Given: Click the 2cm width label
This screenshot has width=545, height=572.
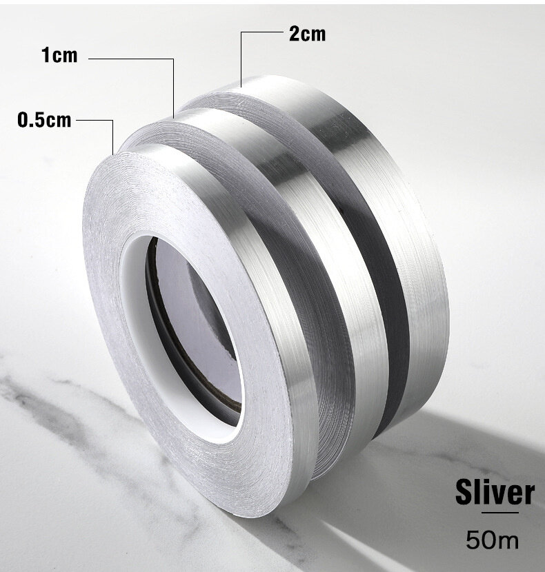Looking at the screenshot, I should (307, 33).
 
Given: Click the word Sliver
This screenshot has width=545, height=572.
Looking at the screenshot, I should (494, 493).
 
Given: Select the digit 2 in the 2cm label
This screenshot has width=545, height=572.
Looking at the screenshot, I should (293, 33).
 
